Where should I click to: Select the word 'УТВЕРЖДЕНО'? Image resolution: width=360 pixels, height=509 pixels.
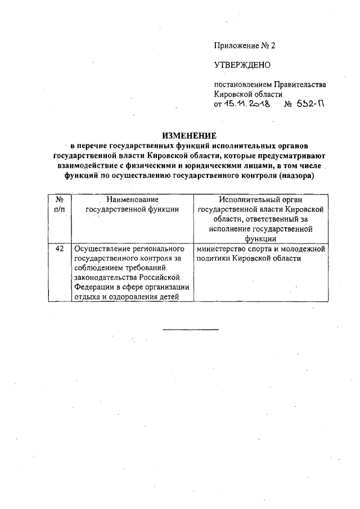pyautogui.click(x=243, y=65)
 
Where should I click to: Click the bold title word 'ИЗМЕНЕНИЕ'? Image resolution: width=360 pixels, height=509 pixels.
pyautogui.click(x=190, y=136)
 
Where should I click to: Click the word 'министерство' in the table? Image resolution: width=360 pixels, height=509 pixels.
pyautogui.click(x=220, y=248)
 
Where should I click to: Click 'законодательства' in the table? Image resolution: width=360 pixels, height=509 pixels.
pyautogui.click(x=107, y=278)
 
